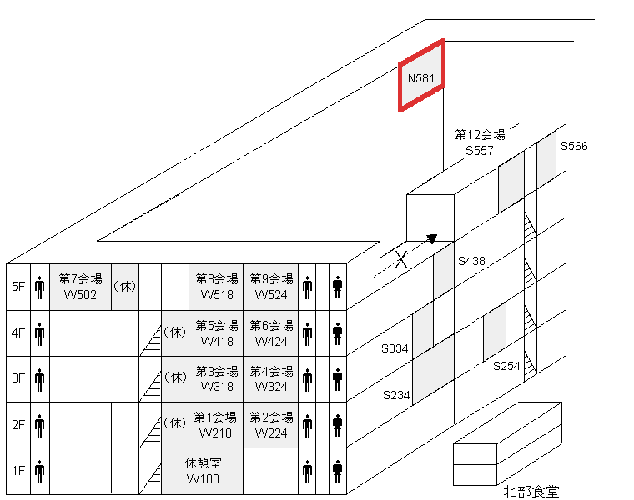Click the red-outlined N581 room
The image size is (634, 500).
(421, 77)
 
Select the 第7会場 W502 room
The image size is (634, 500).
(81, 287)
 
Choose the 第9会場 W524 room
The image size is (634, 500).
(271, 287)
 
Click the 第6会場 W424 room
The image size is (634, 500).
(271, 332)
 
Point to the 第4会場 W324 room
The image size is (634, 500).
(271, 378)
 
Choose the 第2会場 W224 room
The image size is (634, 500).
(271, 424)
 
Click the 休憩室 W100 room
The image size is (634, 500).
(203, 470)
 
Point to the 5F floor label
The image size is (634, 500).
(18, 287)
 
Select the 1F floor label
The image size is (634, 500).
(18, 470)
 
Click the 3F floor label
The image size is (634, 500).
(18, 378)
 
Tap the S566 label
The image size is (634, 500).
(574, 146)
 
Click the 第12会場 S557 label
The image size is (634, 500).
(480, 142)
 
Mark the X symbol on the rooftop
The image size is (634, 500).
(401, 260)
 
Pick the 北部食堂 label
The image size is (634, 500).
(531, 492)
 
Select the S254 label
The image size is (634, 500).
(506, 366)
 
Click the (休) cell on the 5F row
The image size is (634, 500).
(124, 287)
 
